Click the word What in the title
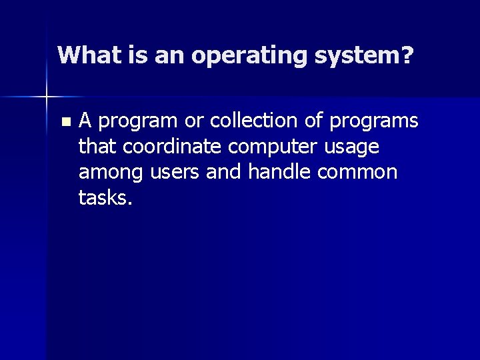[83, 55]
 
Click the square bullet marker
[64, 122]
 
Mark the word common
[359, 171]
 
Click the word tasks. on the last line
[105, 197]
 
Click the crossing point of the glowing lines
[46, 97]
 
